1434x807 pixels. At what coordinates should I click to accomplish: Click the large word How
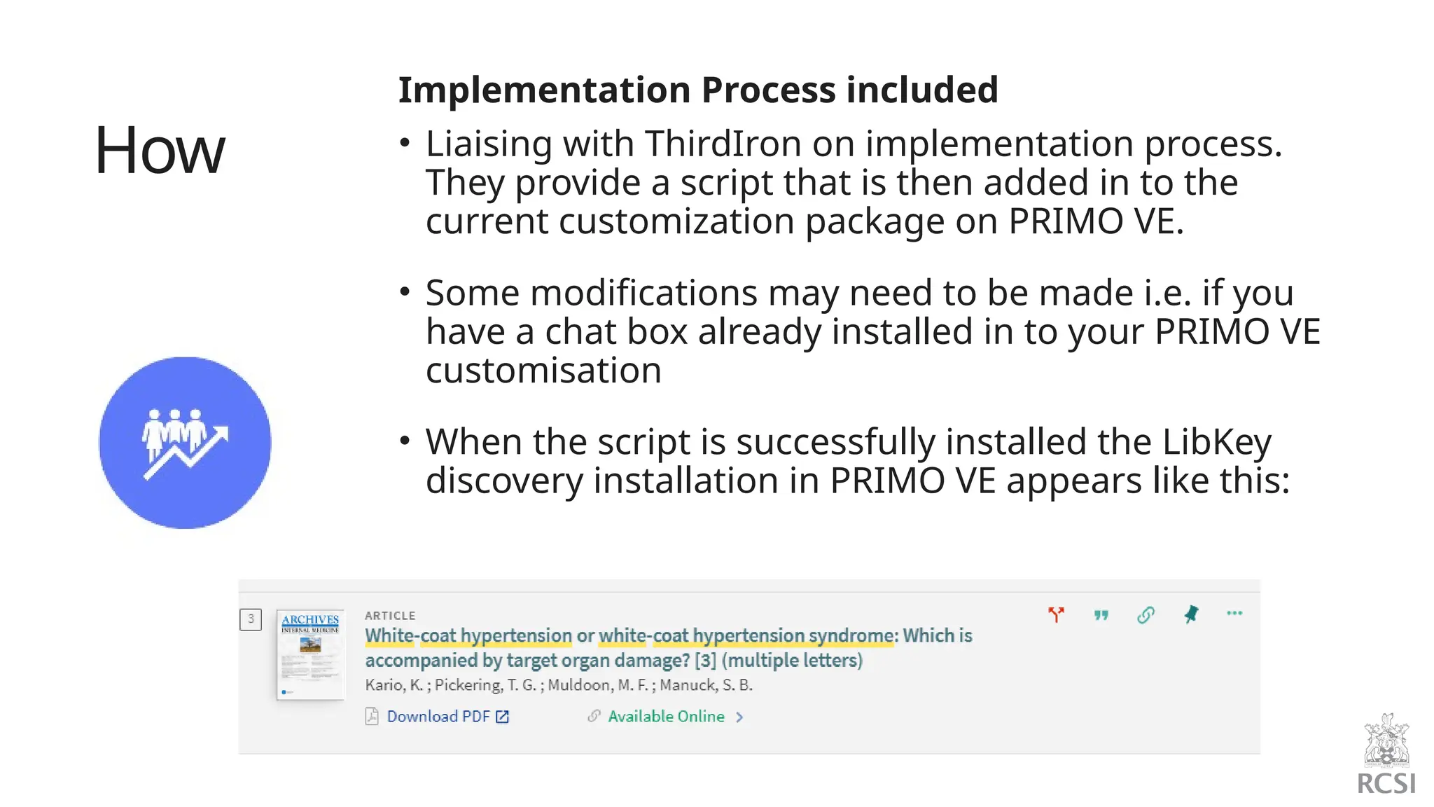tap(160, 150)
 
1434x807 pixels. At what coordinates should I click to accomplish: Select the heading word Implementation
tap(544, 90)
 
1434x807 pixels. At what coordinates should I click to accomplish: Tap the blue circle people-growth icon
tap(185, 443)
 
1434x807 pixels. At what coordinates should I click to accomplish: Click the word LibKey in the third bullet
tap(1216, 443)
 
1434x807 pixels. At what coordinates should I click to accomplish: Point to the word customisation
tap(543, 371)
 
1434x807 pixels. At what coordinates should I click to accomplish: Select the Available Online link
tap(666, 716)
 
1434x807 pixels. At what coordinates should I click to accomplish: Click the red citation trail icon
tap(1056, 614)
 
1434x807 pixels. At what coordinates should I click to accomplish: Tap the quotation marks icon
tap(1101, 615)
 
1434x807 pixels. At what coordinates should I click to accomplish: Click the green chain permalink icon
tap(1146, 615)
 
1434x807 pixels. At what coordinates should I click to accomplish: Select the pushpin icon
tap(1191, 614)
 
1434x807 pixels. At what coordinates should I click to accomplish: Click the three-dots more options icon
tap(1234, 613)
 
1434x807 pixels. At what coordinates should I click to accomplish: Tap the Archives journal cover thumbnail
tap(310, 654)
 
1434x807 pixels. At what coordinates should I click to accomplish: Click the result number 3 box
tap(251, 619)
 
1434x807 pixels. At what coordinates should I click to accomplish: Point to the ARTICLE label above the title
tap(390, 616)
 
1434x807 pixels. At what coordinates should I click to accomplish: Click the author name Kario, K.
tap(394, 685)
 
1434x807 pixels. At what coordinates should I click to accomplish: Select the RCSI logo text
tap(1386, 783)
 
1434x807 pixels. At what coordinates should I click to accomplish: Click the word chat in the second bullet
tap(580, 332)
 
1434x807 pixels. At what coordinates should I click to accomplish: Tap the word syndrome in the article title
tap(851, 635)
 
